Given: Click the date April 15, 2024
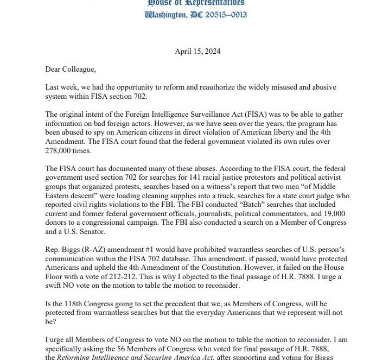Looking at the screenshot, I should pos(195,52).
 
